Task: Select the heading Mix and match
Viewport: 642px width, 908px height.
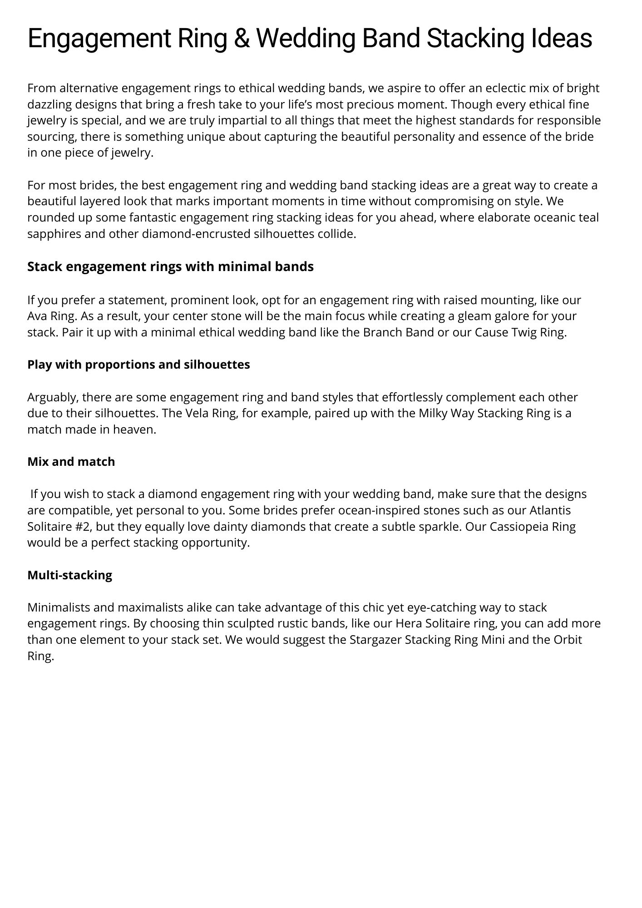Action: (71, 462)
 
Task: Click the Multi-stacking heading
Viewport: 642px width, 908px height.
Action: (69, 575)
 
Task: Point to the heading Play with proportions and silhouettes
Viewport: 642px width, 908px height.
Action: (138, 365)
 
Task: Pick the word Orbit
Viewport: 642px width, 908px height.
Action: (567, 640)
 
